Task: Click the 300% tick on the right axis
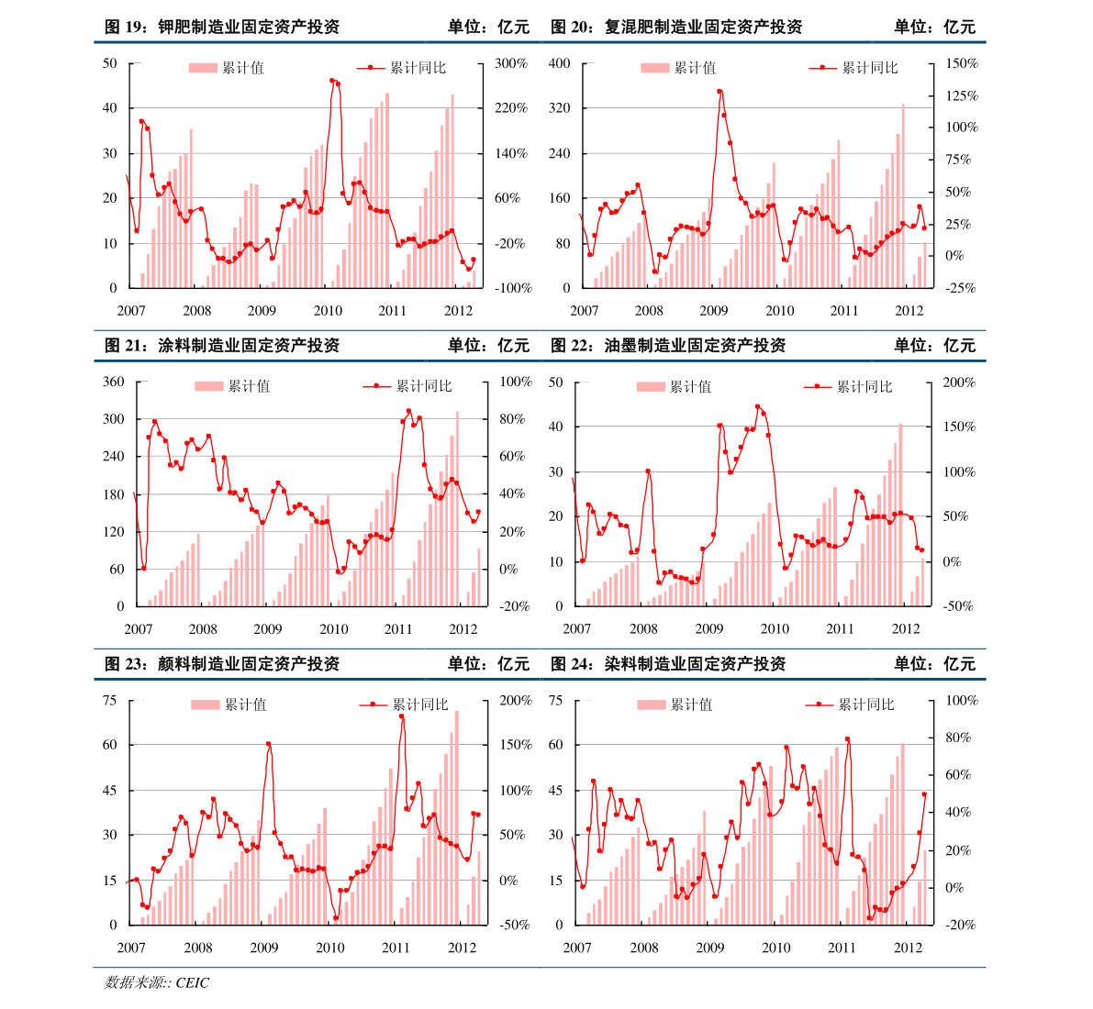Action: [511, 63]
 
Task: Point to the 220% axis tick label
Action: [511, 108]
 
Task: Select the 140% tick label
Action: [511, 153]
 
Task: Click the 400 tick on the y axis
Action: [559, 63]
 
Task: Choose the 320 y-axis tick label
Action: [559, 108]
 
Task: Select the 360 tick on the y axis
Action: [113, 382]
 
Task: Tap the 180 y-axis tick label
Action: [113, 494]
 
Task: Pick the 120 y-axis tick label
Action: [113, 532]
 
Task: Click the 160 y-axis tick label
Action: [559, 198]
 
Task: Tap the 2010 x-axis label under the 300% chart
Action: [328, 310]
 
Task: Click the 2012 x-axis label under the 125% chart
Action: [909, 310]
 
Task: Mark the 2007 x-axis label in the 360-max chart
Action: [138, 628]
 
